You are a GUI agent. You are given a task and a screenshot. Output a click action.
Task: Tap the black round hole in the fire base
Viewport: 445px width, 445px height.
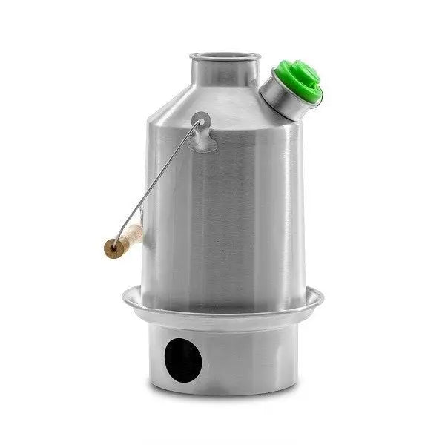182,360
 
